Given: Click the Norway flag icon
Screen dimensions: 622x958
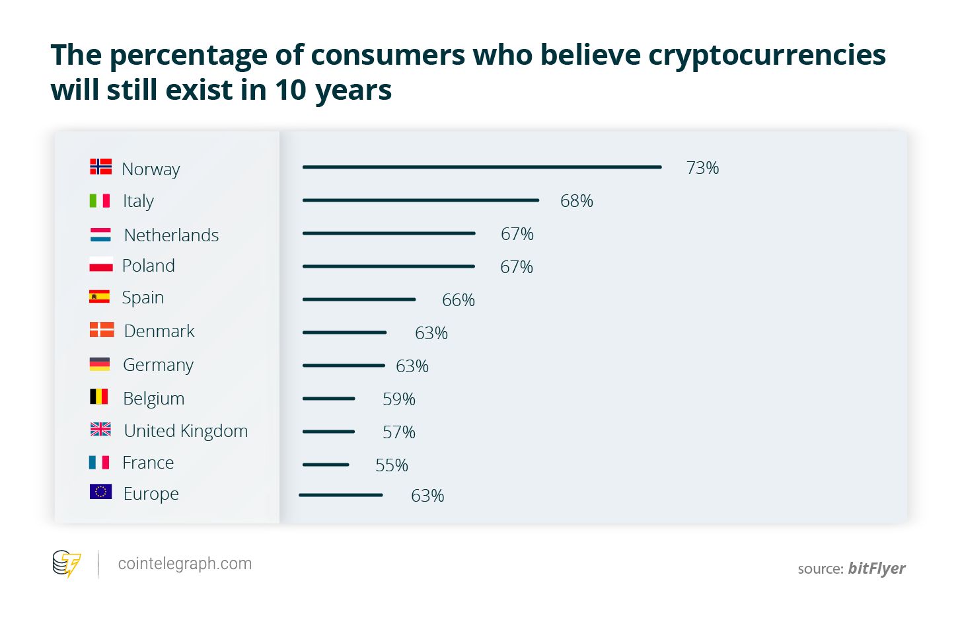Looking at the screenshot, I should [x=101, y=167].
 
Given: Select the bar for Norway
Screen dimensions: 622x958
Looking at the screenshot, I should [x=482, y=167].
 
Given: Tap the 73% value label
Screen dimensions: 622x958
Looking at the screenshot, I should [x=702, y=168].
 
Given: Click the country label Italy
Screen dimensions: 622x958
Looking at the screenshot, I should [x=138, y=201].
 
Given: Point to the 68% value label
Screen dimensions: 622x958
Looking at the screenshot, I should [x=576, y=201].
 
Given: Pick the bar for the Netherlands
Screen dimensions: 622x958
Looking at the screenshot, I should [x=388, y=233].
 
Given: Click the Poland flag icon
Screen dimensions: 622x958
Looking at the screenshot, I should [x=101, y=265].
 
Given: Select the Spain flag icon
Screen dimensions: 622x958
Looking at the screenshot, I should [x=100, y=297].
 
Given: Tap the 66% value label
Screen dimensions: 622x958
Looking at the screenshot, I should [x=459, y=300].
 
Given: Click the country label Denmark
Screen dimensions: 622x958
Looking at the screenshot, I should [x=159, y=331].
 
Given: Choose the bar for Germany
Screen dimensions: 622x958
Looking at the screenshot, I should [x=344, y=366].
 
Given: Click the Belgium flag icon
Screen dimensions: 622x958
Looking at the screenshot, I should [x=99, y=397].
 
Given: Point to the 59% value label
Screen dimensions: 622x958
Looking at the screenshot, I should [x=399, y=399].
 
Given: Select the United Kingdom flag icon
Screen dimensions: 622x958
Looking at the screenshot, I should [x=100, y=430].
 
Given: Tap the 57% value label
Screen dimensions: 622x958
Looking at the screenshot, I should [x=399, y=432].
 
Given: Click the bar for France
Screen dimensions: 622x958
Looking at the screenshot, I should [x=326, y=465].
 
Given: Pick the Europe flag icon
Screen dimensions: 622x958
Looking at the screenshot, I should [x=100, y=492].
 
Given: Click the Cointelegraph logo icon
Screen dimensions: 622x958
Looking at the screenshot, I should [x=67, y=564].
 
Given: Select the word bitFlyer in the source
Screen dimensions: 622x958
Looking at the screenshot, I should [x=877, y=568].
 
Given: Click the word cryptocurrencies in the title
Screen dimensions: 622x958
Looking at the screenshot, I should [x=767, y=56].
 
